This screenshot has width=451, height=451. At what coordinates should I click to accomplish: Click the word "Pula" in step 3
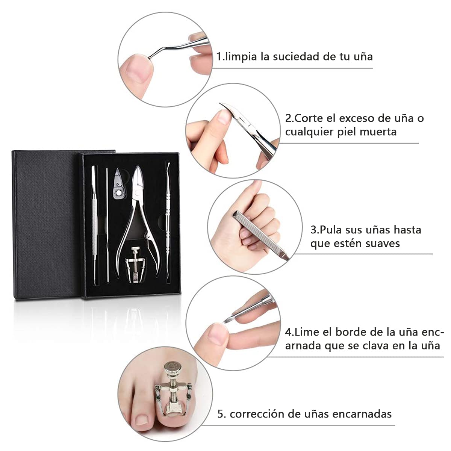pos(330,230)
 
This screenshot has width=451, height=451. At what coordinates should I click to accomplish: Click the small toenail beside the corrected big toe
pos(142,419)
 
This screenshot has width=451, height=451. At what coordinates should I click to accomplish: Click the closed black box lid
pos(44,225)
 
